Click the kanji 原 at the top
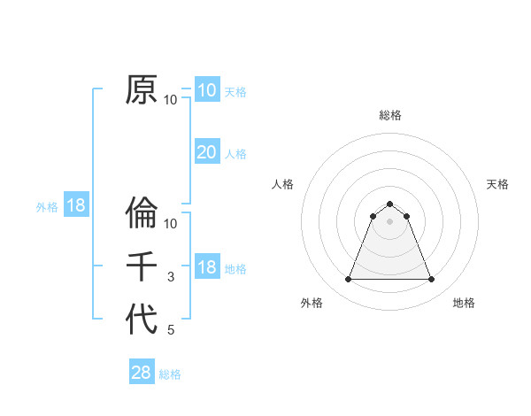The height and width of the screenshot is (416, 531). point(142,89)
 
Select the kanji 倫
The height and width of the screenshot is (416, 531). point(142,213)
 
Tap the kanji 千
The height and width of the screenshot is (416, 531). point(142,266)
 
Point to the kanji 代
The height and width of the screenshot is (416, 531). point(142,320)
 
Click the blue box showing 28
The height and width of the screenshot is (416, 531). point(142,373)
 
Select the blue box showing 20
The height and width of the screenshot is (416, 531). point(206,152)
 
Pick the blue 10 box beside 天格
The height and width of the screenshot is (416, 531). point(206,90)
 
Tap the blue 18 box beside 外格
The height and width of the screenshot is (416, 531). point(76,206)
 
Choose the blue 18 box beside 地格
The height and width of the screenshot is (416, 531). point(206,267)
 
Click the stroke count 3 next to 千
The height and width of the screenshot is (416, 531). point(171,277)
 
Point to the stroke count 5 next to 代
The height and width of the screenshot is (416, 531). point(171,330)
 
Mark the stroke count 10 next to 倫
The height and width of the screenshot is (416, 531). point(171,224)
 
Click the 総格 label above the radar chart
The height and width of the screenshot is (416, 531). point(390,115)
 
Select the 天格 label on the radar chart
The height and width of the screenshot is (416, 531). point(497,184)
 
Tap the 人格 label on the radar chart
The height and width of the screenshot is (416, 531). point(283,184)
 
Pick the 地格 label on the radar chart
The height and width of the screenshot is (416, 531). point(464,303)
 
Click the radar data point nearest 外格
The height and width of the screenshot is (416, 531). point(349,280)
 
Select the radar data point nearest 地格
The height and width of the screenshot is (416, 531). point(432,280)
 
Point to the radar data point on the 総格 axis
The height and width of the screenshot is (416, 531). point(390,204)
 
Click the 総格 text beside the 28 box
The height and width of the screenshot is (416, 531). point(170,374)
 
